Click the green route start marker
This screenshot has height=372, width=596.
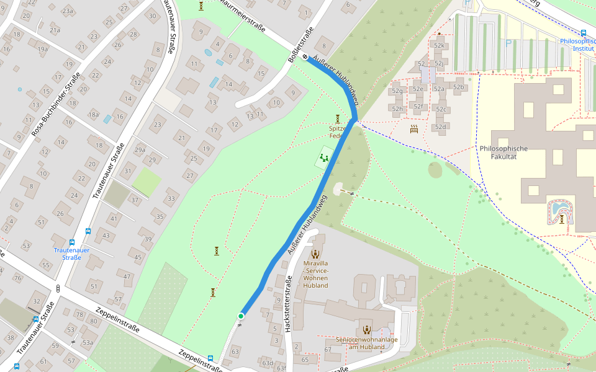pyautogui.click(x=240, y=316)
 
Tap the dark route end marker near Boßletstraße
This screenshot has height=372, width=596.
pyautogui.click(x=305, y=57)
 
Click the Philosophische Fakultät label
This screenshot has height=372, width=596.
pyautogui.click(x=503, y=153)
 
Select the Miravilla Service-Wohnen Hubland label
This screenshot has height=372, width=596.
pyautogui.click(x=315, y=274)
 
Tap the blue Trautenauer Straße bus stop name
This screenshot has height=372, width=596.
pyautogui.click(x=71, y=254)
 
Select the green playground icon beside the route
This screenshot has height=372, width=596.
pyautogui.click(x=323, y=158)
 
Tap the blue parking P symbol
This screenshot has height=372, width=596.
pyautogui.click(x=509, y=43)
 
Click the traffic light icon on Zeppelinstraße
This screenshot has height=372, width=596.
pyautogui.click(x=58, y=288)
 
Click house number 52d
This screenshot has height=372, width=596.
pyautogui.click(x=440, y=127)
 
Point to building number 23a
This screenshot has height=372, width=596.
pyautogui.click(x=67, y=11)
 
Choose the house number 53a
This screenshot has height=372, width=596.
pyautogui.click(x=88, y=342)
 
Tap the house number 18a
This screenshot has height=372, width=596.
pyautogui.click(x=93, y=114)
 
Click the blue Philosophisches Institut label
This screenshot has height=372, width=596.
pyautogui.click(x=577, y=45)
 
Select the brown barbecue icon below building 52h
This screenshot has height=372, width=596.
pyautogui.click(x=414, y=129)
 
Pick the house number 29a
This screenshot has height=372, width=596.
pyautogui.click(x=140, y=149)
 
